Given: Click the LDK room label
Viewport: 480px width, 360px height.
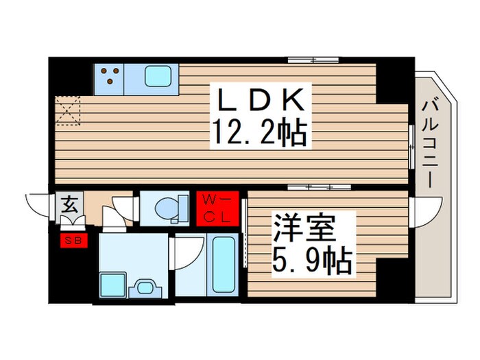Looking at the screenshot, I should click(261, 101).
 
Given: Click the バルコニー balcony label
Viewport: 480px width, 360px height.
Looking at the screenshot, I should click(431, 144).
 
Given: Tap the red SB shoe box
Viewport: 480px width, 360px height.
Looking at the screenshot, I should click(71, 240).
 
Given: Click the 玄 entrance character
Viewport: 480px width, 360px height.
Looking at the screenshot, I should click(70, 204).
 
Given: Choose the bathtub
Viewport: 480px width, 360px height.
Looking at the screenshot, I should click(223, 264).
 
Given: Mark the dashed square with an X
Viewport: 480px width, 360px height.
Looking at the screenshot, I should click(67, 111).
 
